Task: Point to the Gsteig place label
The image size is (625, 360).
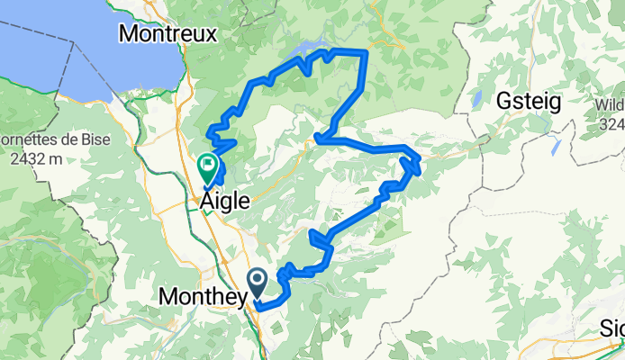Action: (529, 102)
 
